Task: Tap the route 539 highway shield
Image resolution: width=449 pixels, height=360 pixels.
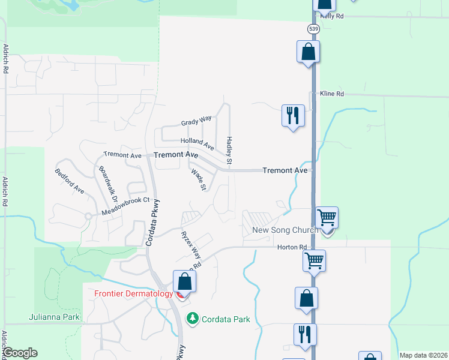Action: coord(313,28)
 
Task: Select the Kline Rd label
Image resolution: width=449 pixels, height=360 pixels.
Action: coord(332,94)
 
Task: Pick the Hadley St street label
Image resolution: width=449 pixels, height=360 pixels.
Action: coord(229,151)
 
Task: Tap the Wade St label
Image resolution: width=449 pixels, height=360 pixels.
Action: coord(199,180)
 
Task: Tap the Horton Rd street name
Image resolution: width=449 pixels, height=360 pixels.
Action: coord(292,247)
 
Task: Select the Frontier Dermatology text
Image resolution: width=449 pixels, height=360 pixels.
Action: coord(134,294)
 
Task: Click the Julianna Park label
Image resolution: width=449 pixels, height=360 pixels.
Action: coord(53,317)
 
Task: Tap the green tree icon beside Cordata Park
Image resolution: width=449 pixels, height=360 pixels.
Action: coord(193,318)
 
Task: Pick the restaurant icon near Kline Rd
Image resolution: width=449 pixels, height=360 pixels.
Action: coord(293,115)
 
